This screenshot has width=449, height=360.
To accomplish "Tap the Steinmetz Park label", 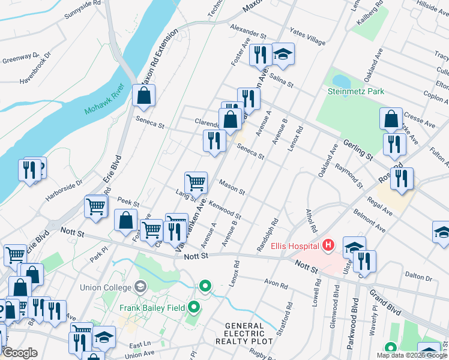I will (x=356, y=91).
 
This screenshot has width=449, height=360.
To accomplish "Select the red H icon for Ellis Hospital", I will (x=328, y=245).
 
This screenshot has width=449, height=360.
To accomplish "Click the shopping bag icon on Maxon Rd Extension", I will (x=144, y=94).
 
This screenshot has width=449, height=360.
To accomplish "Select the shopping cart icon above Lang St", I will (x=196, y=182).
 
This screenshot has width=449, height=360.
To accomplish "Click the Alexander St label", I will (x=248, y=31).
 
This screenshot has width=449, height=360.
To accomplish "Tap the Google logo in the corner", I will (x=20, y=353).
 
